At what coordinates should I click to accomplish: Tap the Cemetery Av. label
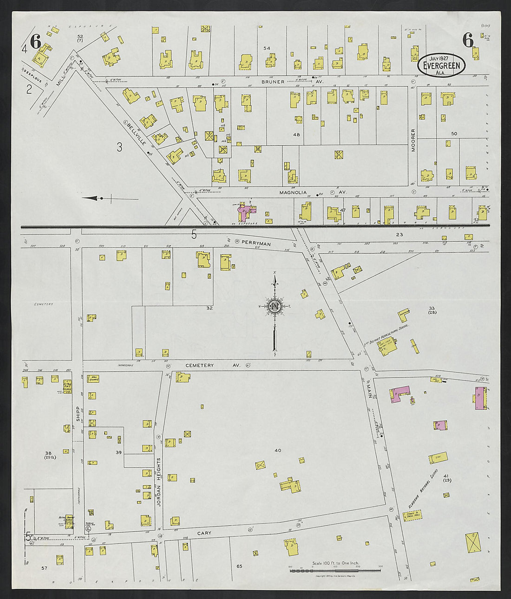[x=213, y=366]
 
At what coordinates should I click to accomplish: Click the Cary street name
[x=204, y=533]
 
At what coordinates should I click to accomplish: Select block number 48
[x=296, y=135]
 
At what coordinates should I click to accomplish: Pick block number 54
[x=266, y=48]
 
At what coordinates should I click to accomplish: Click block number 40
[x=278, y=450]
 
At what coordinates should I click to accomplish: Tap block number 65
[x=239, y=566]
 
